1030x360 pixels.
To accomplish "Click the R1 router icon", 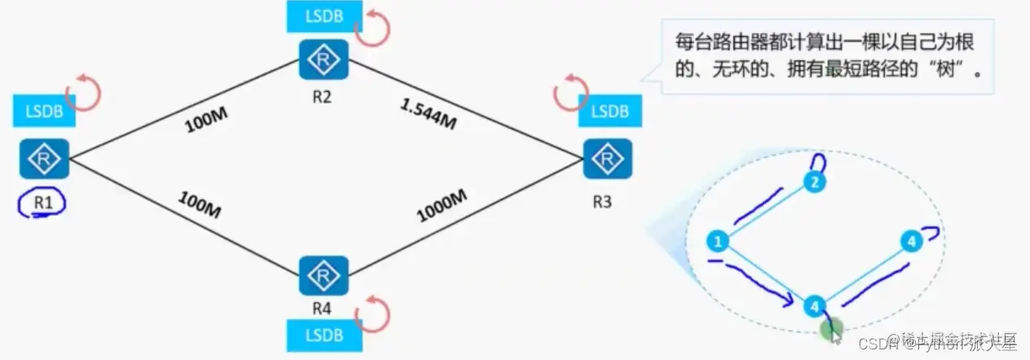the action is (44, 159).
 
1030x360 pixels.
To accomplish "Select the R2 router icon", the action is (324, 59).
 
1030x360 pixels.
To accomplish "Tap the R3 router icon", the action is (606, 159).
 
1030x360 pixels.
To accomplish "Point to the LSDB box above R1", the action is (44, 112).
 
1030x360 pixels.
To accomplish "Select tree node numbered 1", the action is (718, 241).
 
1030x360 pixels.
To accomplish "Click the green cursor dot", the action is (832, 330).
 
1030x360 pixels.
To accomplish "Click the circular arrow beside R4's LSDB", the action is (376, 313).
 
